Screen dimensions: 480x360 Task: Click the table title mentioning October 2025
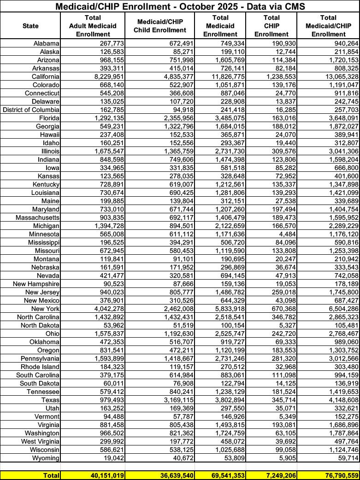(180, 6)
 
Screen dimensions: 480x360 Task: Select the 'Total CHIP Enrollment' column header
(271, 25)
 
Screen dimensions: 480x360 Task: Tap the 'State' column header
(30, 26)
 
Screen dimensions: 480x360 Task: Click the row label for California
(45, 76)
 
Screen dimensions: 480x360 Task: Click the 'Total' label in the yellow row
(49, 474)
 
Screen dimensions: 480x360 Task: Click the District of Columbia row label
(31, 109)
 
